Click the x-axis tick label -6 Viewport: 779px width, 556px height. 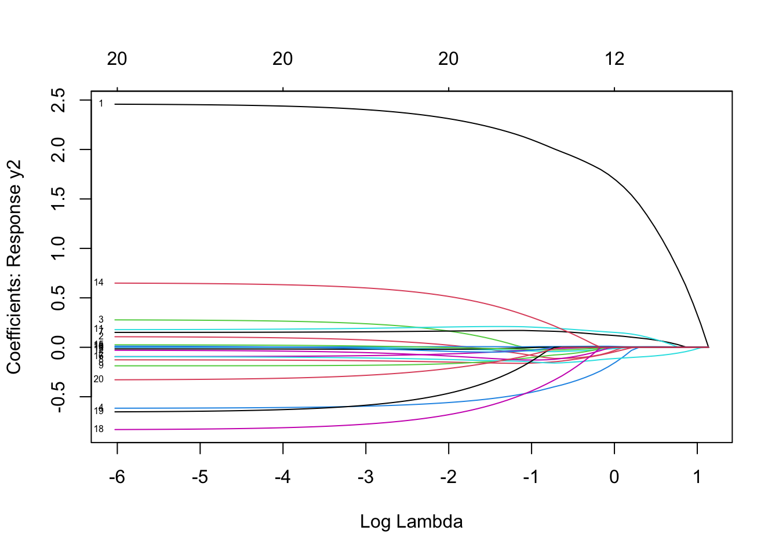(117, 477)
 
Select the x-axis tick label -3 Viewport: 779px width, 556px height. (365, 477)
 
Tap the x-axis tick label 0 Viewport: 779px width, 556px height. (614, 477)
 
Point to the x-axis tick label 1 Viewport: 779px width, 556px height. (697, 477)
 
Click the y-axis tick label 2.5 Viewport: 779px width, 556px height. (59, 100)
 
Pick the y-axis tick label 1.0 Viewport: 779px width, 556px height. (59, 248)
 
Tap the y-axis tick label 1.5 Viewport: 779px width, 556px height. (59, 199)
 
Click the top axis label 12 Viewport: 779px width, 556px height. (614, 58)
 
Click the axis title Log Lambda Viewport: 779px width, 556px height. (411, 522)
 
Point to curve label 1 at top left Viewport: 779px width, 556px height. (101, 104)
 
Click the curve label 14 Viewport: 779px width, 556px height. (99, 283)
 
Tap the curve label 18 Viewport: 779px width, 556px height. (99, 429)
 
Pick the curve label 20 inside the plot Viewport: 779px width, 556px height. (99, 379)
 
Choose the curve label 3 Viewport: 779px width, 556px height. (101, 320)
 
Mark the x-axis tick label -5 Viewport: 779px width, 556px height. (199, 477)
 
